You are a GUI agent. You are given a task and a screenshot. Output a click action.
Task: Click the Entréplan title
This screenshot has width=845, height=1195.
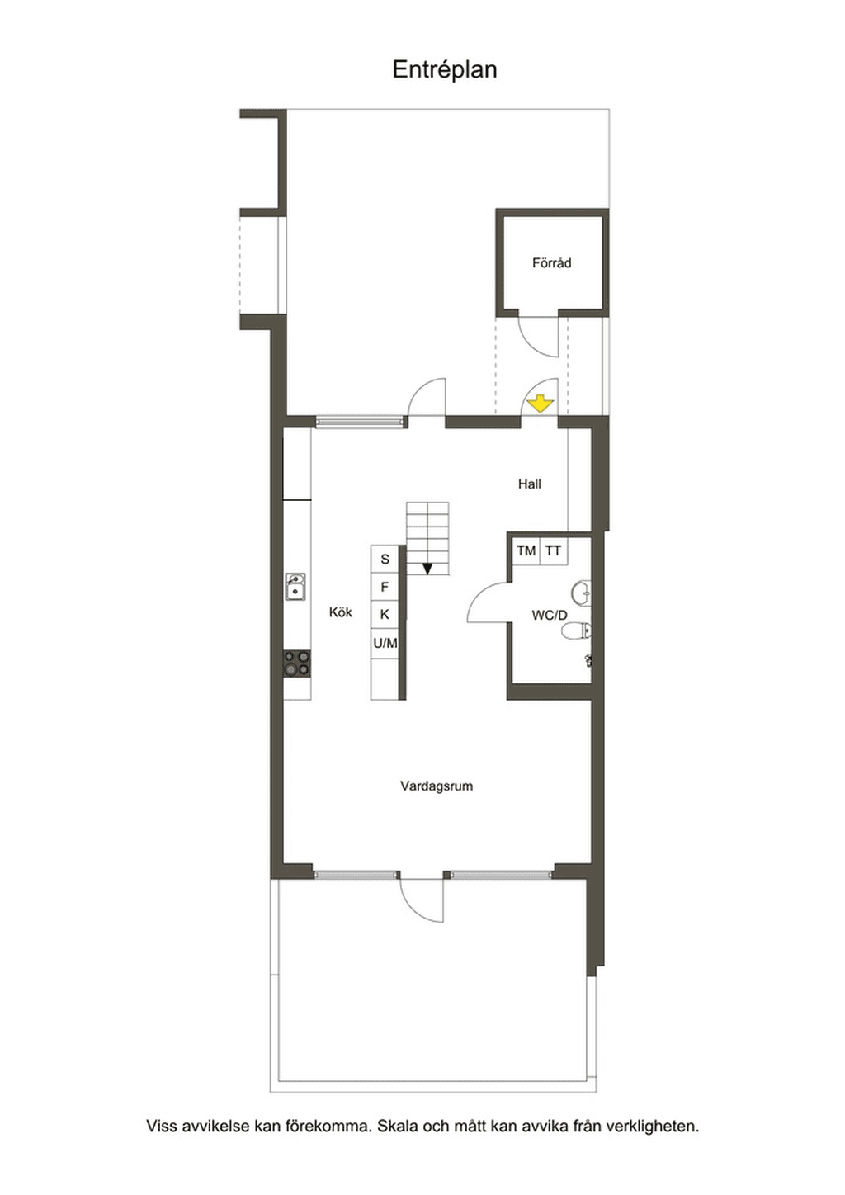(x=445, y=70)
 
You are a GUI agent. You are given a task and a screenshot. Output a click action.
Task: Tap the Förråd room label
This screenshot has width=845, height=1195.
(x=551, y=263)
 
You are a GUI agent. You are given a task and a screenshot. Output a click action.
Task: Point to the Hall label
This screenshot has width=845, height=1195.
(x=529, y=484)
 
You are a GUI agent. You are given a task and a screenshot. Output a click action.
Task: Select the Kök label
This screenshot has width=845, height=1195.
(x=340, y=612)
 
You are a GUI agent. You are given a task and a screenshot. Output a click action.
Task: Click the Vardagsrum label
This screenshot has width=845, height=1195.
(x=437, y=786)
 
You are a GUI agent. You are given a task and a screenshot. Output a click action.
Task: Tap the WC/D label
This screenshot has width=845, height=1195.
(x=550, y=616)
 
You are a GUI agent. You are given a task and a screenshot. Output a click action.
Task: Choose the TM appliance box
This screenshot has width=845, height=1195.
(x=526, y=550)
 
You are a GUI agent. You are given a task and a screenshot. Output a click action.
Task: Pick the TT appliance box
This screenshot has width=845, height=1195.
(x=554, y=550)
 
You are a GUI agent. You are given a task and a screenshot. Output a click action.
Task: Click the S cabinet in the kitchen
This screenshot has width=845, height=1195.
(x=385, y=559)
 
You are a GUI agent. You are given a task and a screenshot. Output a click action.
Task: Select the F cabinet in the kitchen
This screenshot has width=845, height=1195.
(x=385, y=588)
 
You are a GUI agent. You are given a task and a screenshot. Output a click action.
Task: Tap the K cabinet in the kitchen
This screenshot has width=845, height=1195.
(x=385, y=615)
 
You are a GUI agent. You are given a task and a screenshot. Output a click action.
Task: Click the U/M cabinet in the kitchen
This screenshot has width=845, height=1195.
(x=385, y=644)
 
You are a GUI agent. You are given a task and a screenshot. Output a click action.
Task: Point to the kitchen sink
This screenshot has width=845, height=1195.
(x=295, y=587)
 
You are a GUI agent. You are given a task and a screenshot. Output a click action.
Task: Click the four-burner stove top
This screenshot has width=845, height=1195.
(x=296, y=664)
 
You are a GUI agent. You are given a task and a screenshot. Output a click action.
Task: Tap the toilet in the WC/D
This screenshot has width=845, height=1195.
(x=577, y=631)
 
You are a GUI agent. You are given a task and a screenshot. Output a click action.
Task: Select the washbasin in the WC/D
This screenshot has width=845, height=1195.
(x=582, y=593)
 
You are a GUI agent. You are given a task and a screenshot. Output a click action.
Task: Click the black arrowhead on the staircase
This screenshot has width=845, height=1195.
(x=427, y=569)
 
